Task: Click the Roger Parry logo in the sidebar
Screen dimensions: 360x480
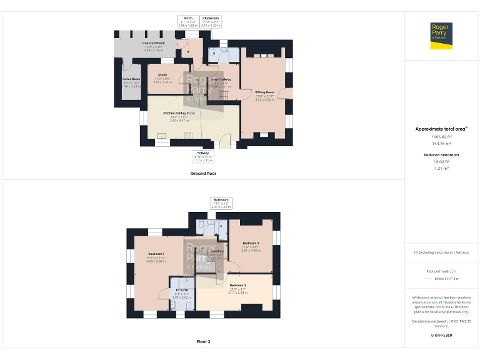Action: tap(442, 35)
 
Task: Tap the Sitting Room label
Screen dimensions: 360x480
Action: tap(265, 95)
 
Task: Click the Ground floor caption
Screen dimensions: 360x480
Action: tap(203, 173)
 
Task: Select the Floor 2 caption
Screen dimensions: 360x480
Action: tap(203, 342)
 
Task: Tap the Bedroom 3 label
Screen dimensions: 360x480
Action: tap(251, 246)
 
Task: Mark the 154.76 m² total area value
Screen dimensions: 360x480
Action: tap(441, 143)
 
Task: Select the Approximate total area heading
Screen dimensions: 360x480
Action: tap(442, 129)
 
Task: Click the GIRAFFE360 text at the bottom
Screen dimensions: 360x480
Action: tap(441, 336)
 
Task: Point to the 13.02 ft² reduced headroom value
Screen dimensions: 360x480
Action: tap(441, 161)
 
